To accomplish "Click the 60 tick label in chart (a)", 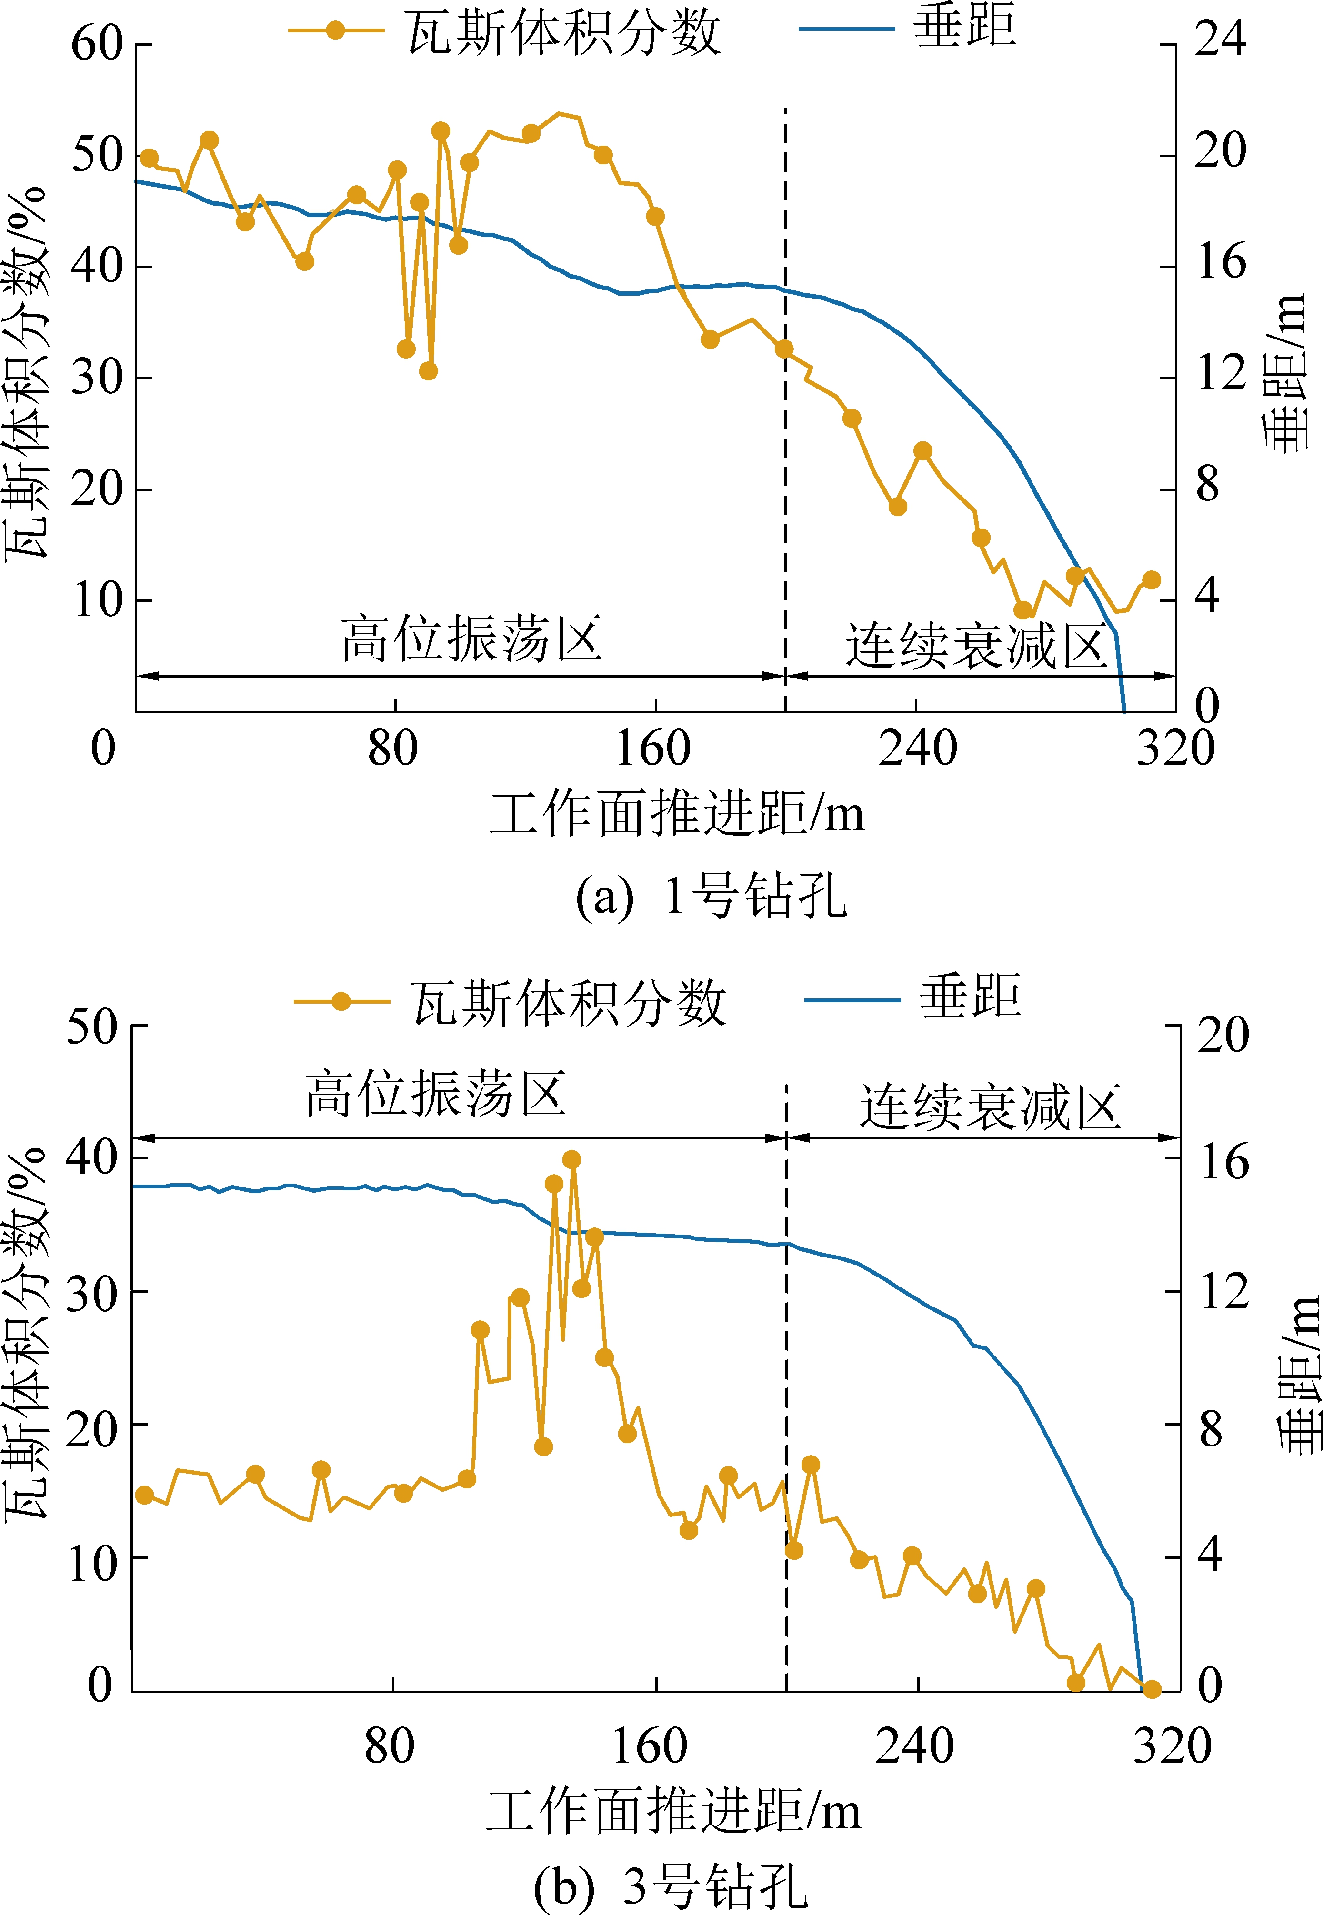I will [x=97, y=43].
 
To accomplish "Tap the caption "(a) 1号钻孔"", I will [x=711, y=896].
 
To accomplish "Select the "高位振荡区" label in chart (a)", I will [x=471, y=639].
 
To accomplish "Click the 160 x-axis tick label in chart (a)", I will [x=653, y=748].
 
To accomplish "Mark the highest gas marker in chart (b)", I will [x=571, y=1159].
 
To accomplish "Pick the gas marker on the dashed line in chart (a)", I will [x=783, y=349].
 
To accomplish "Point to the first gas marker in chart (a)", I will [x=149, y=158].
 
